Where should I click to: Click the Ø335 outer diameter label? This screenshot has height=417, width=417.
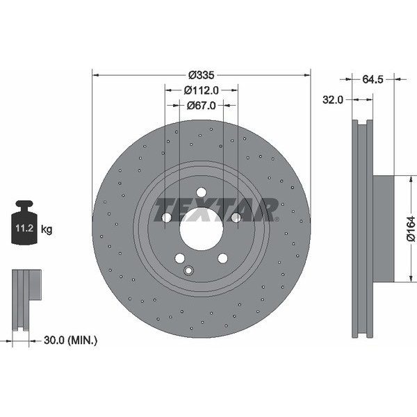coord(201,75)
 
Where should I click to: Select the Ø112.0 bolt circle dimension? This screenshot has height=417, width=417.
coord(201,90)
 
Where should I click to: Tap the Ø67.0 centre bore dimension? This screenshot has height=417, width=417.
coord(201,106)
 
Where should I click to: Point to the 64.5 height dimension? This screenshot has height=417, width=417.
coord(373,79)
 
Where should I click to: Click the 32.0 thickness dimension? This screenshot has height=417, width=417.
coord(333,100)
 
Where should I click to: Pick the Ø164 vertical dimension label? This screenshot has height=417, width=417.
coord(411,229)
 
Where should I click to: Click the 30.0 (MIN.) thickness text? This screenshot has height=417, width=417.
coord(70,340)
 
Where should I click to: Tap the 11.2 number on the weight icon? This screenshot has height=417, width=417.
coord(24,228)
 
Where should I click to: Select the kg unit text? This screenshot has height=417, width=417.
coord(47,229)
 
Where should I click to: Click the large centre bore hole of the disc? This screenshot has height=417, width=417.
coord(201,229)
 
